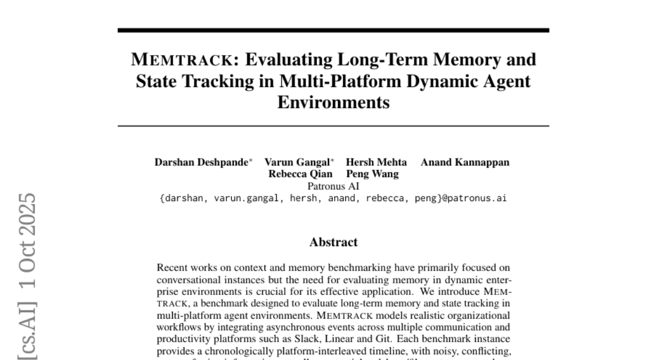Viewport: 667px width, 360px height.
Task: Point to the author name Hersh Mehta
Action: [x=376, y=163]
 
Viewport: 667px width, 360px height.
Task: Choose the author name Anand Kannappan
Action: [x=465, y=163]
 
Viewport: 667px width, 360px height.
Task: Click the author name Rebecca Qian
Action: [x=301, y=174]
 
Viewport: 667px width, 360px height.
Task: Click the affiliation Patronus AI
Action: [x=333, y=186]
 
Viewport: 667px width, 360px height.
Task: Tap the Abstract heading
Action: [x=333, y=242]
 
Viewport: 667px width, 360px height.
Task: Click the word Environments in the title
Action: [x=333, y=103]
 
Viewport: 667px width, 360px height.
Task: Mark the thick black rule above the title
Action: [x=333, y=30]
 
